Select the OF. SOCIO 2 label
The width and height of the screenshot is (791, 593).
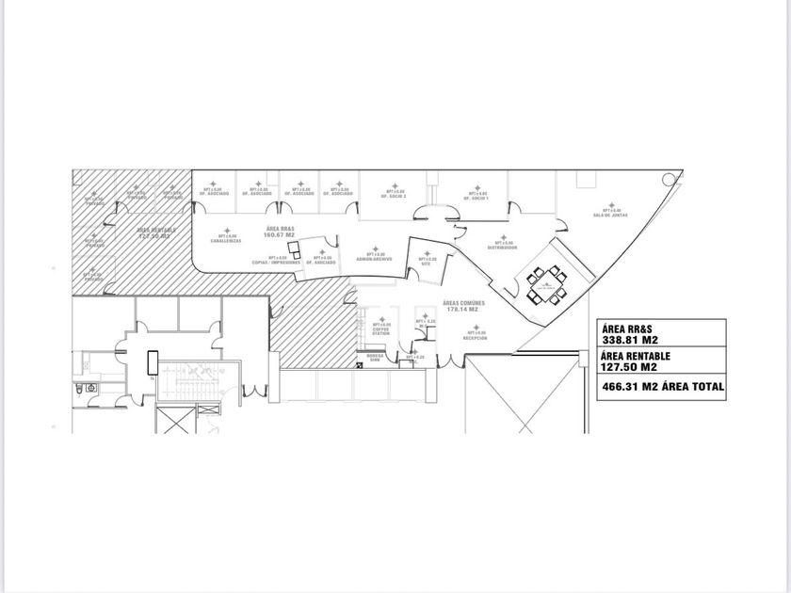(394, 197)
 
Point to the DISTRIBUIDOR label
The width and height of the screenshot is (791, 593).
(503, 248)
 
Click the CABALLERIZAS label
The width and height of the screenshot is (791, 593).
(227, 241)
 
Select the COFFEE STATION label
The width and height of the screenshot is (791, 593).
(380, 331)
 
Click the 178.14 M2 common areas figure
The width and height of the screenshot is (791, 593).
(462, 309)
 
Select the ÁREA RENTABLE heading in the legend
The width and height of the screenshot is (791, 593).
(635, 357)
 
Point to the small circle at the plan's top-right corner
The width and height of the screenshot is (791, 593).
(670, 177)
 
